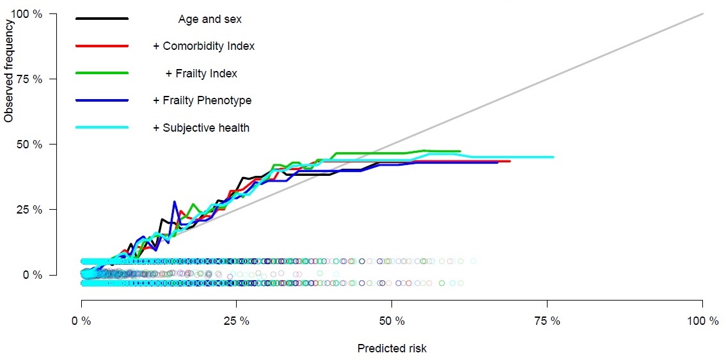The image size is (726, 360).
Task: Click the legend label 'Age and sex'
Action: pyautogui.click(x=210, y=19)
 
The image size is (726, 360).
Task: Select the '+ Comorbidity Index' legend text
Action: pyautogui.click(x=203, y=46)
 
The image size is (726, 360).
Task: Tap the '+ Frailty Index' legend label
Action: pyautogui.click(x=201, y=74)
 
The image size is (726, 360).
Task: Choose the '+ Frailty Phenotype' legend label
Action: pyautogui.click(x=201, y=100)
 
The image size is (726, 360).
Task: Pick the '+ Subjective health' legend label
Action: pyautogui.click(x=201, y=128)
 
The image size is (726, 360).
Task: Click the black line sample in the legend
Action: pyautogui.click(x=102, y=19)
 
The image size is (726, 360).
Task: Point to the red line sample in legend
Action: pyautogui.click(x=102, y=46)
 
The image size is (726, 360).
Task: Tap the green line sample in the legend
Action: pyautogui.click(x=102, y=74)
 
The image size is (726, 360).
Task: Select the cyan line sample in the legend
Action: pyautogui.click(x=102, y=128)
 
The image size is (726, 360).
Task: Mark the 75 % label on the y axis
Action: pyautogui.click(x=29, y=79)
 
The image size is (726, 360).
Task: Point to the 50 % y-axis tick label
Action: pyautogui.click(x=29, y=145)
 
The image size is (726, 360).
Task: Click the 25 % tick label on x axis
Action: pyautogui.click(x=236, y=321)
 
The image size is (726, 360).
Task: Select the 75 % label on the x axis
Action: pyautogui.click(x=547, y=321)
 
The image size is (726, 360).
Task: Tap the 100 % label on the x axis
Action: pyautogui.click(x=702, y=321)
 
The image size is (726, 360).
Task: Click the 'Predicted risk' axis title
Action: pyautogui.click(x=392, y=348)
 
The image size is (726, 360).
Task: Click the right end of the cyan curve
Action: pyautogui.click(x=553, y=157)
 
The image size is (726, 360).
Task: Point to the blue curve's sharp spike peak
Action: pyautogui.click(x=174, y=202)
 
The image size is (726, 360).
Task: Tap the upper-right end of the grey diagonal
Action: pyautogui.click(x=703, y=13)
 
